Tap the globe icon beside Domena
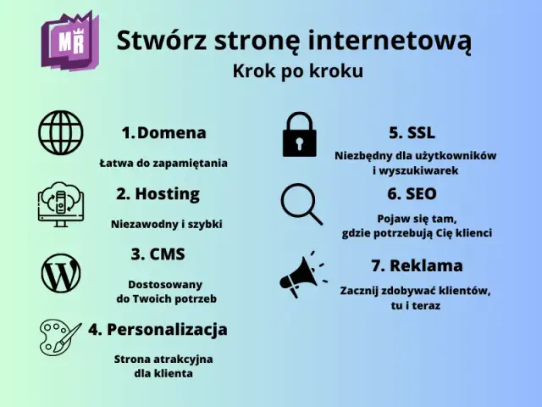pyautogui.click(x=60, y=133)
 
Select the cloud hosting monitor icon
pyautogui.click(x=60, y=203)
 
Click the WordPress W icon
pyautogui.click(x=60, y=274)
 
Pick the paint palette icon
pyautogui.click(x=60, y=336)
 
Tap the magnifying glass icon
pyautogui.click(x=301, y=203)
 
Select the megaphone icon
pyautogui.click(x=302, y=272)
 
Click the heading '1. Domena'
pyautogui.click(x=163, y=132)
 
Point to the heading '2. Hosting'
pyautogui.click(x=158, y=193)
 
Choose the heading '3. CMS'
pyautogui.click(x=158, y=254)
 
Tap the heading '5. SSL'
pyautogui.click(x=412, y=132)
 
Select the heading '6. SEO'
pyautogui.click(x=412, y=193)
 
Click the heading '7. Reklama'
pyautogui.click(x=417, y=265)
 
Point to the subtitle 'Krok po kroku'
pyautogui.click(x=297, y=71)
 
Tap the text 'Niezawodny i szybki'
pyautogui.click(x=166, y=225)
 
